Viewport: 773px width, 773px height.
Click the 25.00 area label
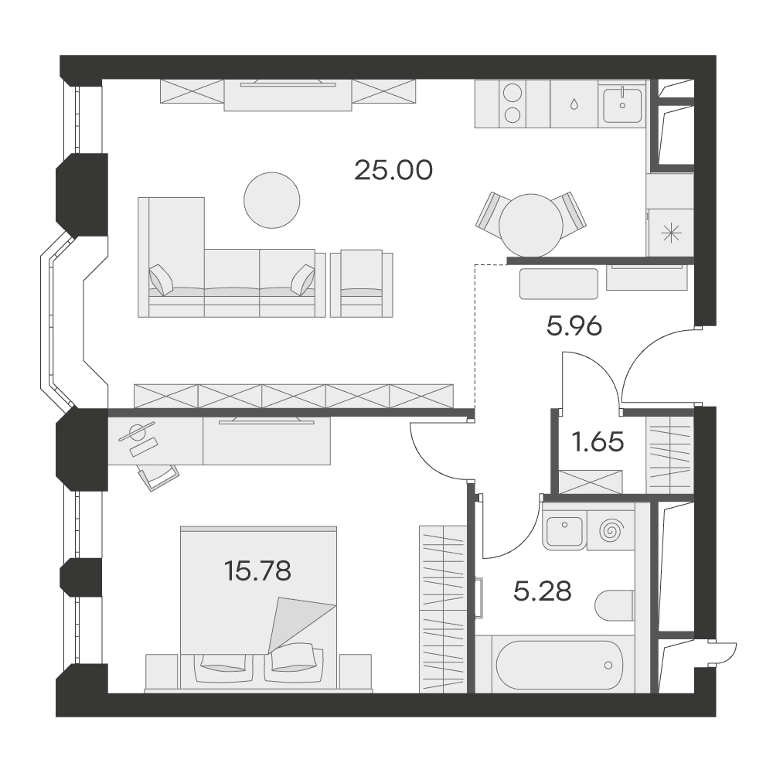393,170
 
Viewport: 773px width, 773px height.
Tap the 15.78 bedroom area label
257,571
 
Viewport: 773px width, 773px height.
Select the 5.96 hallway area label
574,326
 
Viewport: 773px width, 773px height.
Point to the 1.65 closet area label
598,441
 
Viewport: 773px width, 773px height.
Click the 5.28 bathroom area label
543,591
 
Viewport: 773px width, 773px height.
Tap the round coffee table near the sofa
271,200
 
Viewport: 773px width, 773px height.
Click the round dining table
531,226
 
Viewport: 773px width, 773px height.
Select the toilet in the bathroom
615,605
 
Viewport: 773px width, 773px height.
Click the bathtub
559,664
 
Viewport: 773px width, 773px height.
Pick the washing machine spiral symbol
611,531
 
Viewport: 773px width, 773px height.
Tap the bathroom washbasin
564,532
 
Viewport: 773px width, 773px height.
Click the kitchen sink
622,106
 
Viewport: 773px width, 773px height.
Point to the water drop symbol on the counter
574,104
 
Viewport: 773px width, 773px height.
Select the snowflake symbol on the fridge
672,233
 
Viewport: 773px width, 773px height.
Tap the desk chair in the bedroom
158,476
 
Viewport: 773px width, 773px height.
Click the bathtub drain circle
608,666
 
